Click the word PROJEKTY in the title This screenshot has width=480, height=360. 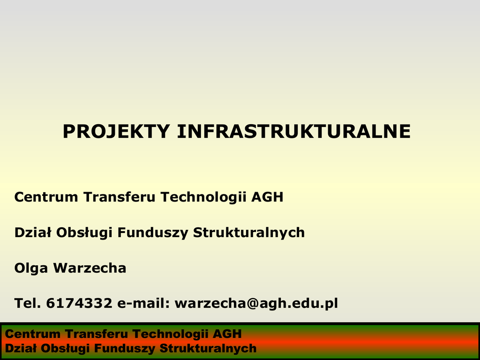[x=116, y=132]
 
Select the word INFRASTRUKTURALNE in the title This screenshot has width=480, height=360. [x=294, y=132]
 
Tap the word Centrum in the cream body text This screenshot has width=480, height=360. [x=46, y=197]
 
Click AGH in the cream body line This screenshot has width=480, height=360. [x=267, y=197]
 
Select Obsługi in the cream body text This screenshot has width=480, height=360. [x=84, y=233]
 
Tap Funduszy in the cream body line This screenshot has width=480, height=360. [x=153, y=233]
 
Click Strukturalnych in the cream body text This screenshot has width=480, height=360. [x=249, y=233]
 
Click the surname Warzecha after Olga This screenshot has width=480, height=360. [x=90, y=268]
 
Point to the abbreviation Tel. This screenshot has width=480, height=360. [x=28, y=303]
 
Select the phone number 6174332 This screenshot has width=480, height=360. [x=79, y=303]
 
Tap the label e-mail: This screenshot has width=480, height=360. [x=143, y=303]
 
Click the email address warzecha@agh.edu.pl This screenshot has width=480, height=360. [x=256, y=304]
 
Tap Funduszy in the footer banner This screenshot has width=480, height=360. [x=124, y=349]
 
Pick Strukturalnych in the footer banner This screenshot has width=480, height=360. [x=208, y=349]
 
